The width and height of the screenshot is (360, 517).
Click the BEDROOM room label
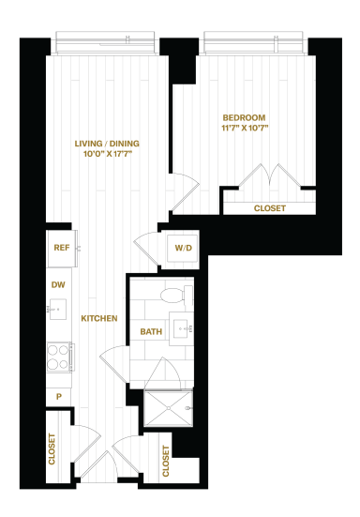click(x=244, y=117)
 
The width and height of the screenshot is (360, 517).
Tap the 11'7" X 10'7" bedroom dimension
click(x=245, y=128)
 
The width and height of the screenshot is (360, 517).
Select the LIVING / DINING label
click(x=107, y=144)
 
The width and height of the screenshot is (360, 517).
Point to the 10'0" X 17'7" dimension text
click(x=108, y=154)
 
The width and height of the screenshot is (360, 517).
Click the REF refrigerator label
click(x=62, y=248)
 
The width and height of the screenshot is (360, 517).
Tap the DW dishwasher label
click(x=58, y=285)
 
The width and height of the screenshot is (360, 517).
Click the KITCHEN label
click(x=99, y=318)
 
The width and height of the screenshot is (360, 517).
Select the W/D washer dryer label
click(x=183, y=248)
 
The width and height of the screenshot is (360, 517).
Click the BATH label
click(x=151, y=332)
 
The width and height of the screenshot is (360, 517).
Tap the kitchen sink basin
click(x=58, y=310)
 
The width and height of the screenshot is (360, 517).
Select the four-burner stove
click(x=59, y=357)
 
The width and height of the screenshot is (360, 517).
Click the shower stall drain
click(x=169, y=408)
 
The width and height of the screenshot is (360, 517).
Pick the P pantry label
click(x=59, y=397)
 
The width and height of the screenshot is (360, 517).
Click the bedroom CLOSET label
click(x=270, y=208)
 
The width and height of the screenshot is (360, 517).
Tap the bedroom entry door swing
click(x=186, y=191)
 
